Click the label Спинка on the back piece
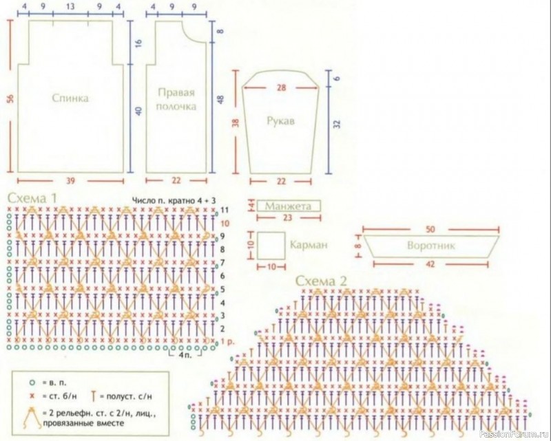[70, 98]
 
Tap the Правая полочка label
[176, 99]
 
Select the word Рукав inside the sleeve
[280, 120]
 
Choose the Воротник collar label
[431, 246]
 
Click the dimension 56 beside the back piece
[10, 98]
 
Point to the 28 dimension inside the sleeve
[280, 87]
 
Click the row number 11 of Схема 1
[224, 208]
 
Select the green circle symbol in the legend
[32, 380]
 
